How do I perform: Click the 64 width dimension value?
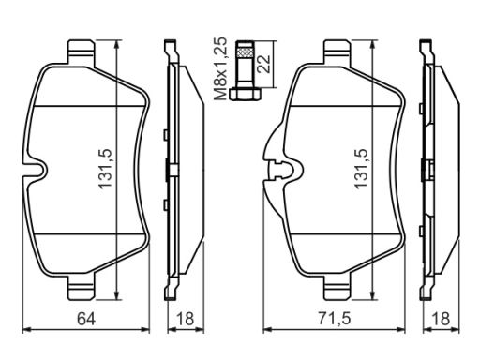[x=86, y=319]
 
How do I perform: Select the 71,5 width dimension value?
[x=335, y=319]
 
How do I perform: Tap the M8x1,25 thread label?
[x=220, y=68]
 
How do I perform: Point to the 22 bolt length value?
[x=263, y=64]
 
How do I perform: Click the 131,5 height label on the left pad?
[x=105, y=169]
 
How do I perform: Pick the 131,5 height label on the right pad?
[x=361, y=169]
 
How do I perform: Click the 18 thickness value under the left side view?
[x=185, y=319]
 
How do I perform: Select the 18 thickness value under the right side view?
[x=441, y=319]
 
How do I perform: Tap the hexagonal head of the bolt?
[x=245, y=94]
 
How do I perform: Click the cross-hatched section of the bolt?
[x=245, y=51]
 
